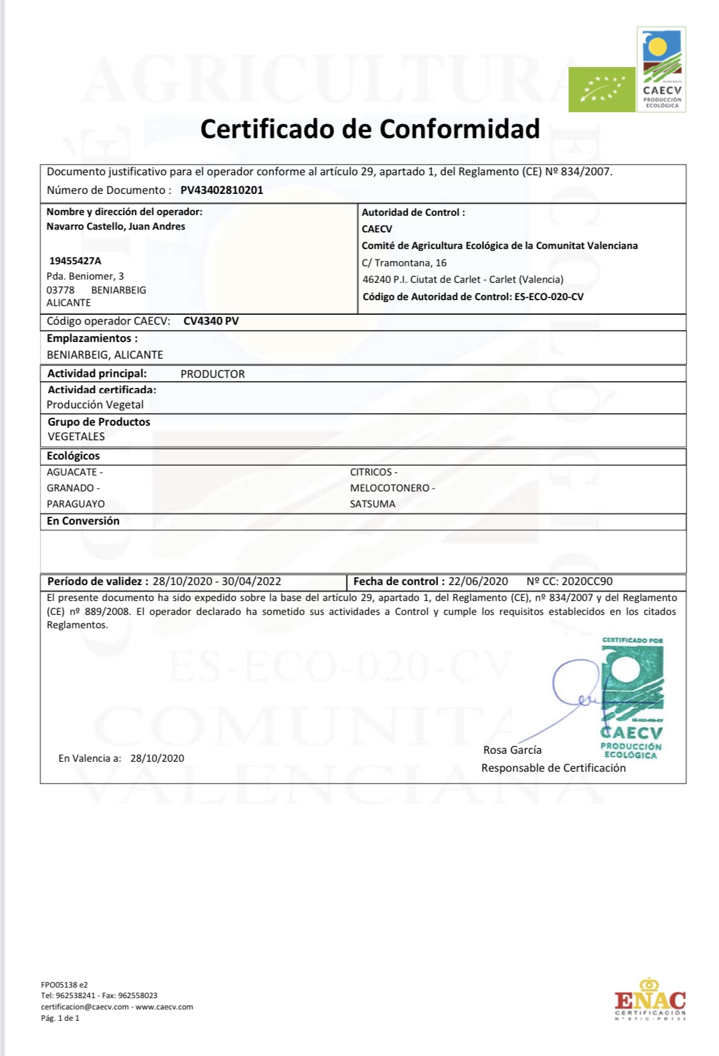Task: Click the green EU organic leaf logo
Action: (x=601, y=90)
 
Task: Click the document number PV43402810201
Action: (x=222, y=190)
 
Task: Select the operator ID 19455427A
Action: (x=75, y=261)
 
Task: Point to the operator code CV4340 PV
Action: (x=211, y=321)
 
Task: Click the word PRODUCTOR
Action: (x=212, y=374)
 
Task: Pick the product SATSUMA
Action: (x=372, y=504)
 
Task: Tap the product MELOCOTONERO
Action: (x=390, y=488)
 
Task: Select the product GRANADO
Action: (x=70, y=488)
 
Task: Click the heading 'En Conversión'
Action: (x=83, y=521)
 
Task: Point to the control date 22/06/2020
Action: (x=478, y=582)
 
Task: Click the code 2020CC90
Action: (x=587, y=582)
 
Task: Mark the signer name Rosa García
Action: (x=513, y=750)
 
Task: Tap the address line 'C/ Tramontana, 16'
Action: (x=404, y=263)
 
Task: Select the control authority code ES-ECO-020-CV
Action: (x=549, y=297)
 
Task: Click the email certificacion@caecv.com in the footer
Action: (x=85, y=1007)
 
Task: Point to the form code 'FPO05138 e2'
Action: (x=64, y=985)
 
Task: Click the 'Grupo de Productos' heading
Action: (x=99, y=422)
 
